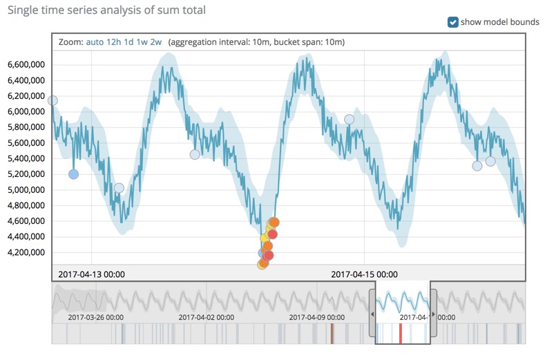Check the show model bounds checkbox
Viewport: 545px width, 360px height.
coord(453,22)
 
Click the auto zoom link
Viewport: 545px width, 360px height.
coord(95,42)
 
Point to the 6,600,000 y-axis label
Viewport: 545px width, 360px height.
coord(26,64)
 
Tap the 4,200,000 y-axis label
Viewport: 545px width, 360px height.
coord(26,252)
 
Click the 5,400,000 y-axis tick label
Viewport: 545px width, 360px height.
coord(26,158)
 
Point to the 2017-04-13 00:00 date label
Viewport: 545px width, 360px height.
coord(91,274)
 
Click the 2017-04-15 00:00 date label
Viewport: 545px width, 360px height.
coord(363,274)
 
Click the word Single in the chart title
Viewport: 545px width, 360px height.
coord(21,10)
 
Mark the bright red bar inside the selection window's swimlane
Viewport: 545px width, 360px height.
coord(400,334)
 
